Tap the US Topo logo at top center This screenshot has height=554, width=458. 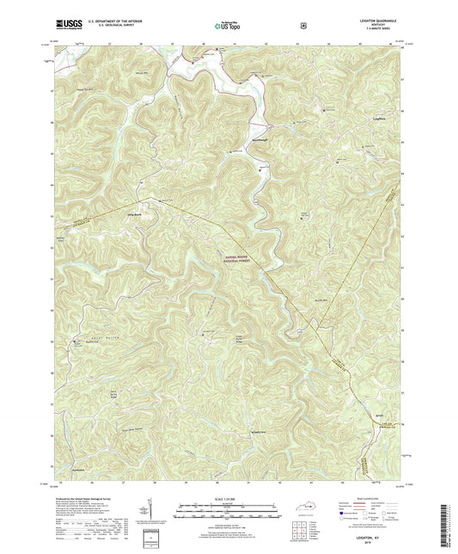[227, 27]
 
